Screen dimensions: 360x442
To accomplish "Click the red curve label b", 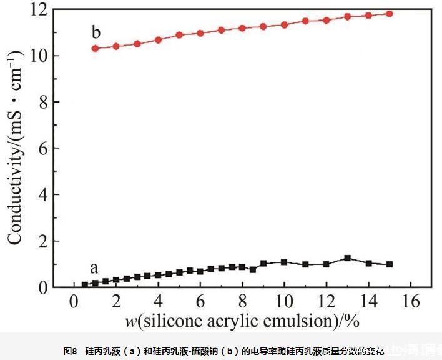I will coord(96,32).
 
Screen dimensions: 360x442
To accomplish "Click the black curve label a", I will coord(94,269).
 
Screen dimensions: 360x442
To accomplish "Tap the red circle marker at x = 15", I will coord(390,14).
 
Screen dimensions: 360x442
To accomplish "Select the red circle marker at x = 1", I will coord(96,48).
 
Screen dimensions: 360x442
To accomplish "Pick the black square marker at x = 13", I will coord(348,258).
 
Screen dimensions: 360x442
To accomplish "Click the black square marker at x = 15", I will coord(390,264).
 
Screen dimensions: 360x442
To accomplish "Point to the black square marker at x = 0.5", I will coord(85,285).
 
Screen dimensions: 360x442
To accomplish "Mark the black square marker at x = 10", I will coord(284,262).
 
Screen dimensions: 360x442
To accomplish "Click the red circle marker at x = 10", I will coord(284,25).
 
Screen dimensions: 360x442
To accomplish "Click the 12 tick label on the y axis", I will coord(41,10).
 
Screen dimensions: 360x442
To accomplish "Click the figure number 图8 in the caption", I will coord(70,350).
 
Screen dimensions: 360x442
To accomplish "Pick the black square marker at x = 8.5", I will coord(253,269).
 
